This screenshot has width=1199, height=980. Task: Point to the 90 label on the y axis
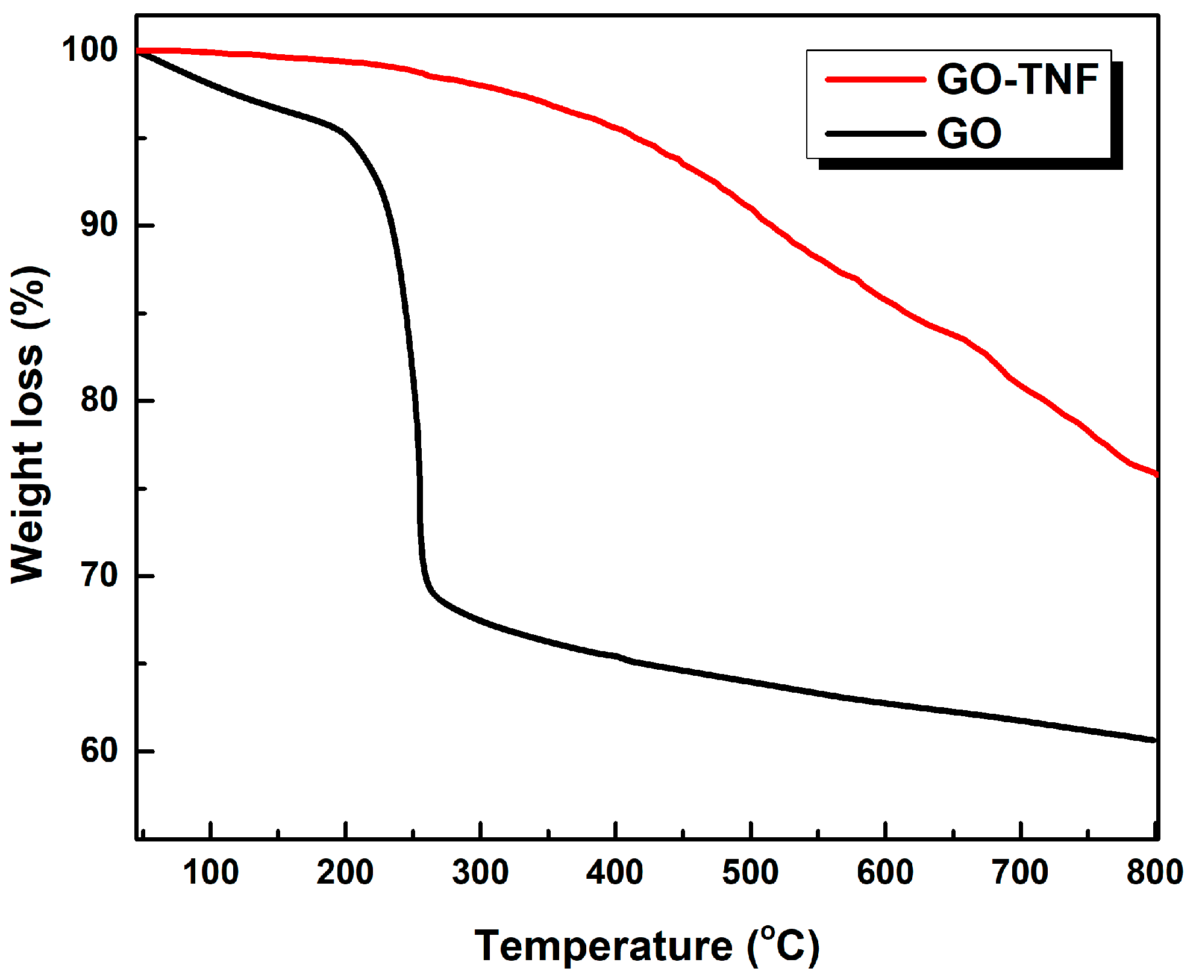99,225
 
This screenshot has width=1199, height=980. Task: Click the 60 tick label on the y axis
99,751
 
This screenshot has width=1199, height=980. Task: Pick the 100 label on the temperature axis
210,872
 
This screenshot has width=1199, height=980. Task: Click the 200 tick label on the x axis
345,872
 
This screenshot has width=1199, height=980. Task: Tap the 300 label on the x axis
480,872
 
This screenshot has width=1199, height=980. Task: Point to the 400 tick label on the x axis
615,872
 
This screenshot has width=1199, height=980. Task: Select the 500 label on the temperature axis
750,872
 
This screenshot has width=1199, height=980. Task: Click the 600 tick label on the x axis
885,872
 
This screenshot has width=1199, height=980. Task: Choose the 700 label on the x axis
1020,872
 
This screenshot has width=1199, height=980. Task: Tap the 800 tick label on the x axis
1154,872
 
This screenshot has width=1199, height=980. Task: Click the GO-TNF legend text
1017,80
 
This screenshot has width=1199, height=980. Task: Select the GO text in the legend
969,133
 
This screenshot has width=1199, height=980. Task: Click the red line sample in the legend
875,80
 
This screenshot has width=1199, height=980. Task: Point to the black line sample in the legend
875,134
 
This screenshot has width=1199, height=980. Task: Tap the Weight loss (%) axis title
28,425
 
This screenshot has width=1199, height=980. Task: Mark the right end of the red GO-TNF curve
1155,475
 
